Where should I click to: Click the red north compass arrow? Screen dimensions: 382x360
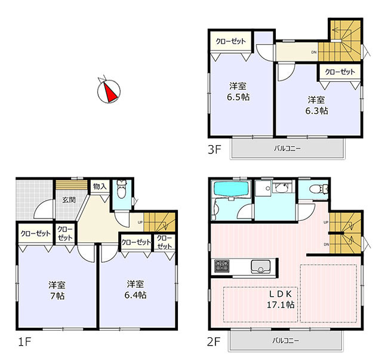pos(110,93)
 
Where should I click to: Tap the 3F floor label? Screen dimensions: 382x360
pos(214,149)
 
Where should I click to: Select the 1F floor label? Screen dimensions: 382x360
pos(24,341)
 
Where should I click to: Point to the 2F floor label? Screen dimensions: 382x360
pos(214,341)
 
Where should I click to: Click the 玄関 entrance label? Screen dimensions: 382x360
pos(69,200)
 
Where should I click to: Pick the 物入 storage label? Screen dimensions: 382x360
pos(100,187)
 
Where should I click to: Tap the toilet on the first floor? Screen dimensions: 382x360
pos(121,189)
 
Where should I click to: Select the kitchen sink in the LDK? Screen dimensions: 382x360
pos(261,266)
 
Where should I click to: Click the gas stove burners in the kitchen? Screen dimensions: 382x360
pos(221,266)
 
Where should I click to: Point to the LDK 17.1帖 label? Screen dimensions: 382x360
pos(281,299)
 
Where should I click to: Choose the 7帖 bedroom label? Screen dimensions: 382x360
pos(57,290)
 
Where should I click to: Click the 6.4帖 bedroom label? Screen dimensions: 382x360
pos(135,290)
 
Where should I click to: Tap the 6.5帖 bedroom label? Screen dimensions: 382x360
pos(238,92)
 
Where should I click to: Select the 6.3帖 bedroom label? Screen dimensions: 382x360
pos(316,105)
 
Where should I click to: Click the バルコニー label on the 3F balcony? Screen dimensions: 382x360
pos(288,148)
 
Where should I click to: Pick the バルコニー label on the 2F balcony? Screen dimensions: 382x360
pos(285,340)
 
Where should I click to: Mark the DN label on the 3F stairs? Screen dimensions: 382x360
pos(314,52)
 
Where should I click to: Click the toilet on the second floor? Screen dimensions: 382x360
pos(319,189)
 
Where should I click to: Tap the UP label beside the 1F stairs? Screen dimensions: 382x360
pos(140,222)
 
